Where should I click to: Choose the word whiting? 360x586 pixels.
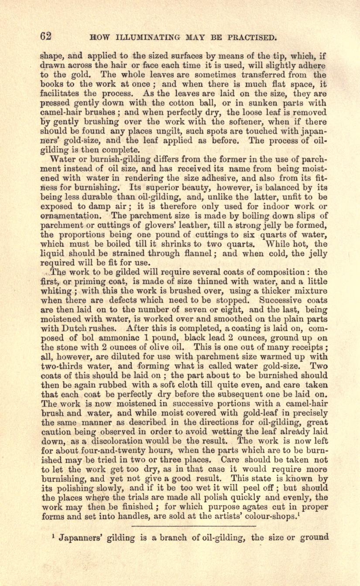(55, 291)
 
